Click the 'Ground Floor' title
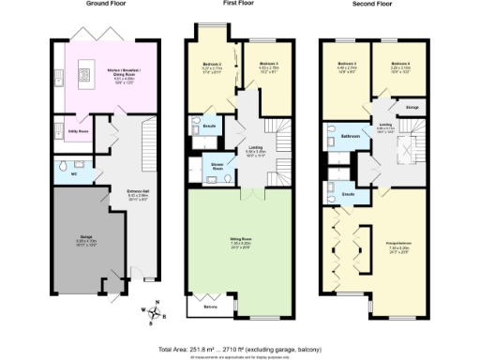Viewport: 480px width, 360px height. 108,4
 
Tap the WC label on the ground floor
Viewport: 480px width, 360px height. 59,173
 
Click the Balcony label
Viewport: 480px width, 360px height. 212,306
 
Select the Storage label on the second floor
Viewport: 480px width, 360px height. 412,108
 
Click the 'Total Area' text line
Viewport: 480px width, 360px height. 241,347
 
